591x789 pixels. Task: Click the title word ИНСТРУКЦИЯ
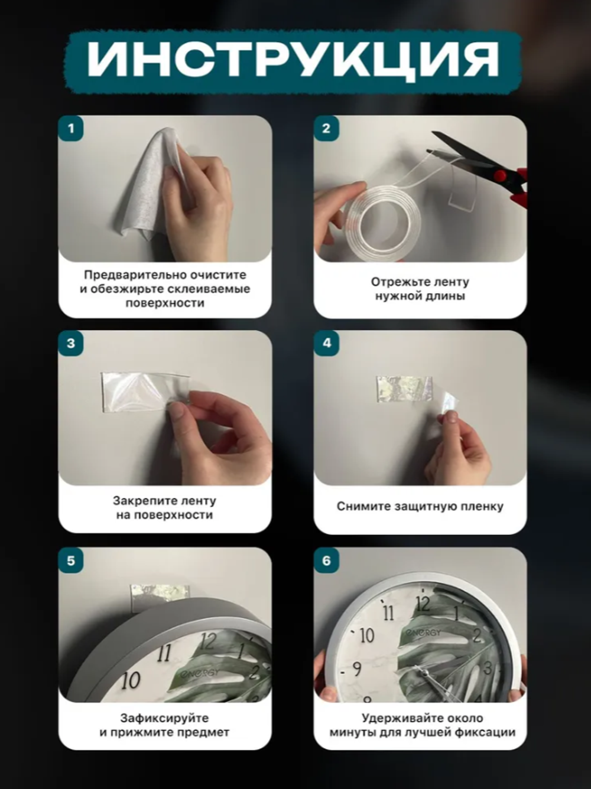(x=293, y=59)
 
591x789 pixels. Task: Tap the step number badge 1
(x=72, y=128)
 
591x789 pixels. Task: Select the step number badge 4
(x=327, y=343)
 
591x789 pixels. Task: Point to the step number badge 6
(x=327, y=560)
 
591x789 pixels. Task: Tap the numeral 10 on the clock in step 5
(x=131, y=681)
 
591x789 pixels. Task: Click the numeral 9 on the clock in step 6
(x=356, y=669)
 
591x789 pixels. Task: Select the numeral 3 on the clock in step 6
(x=488, y=668)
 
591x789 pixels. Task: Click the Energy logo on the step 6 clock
(x=423, y=632)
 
